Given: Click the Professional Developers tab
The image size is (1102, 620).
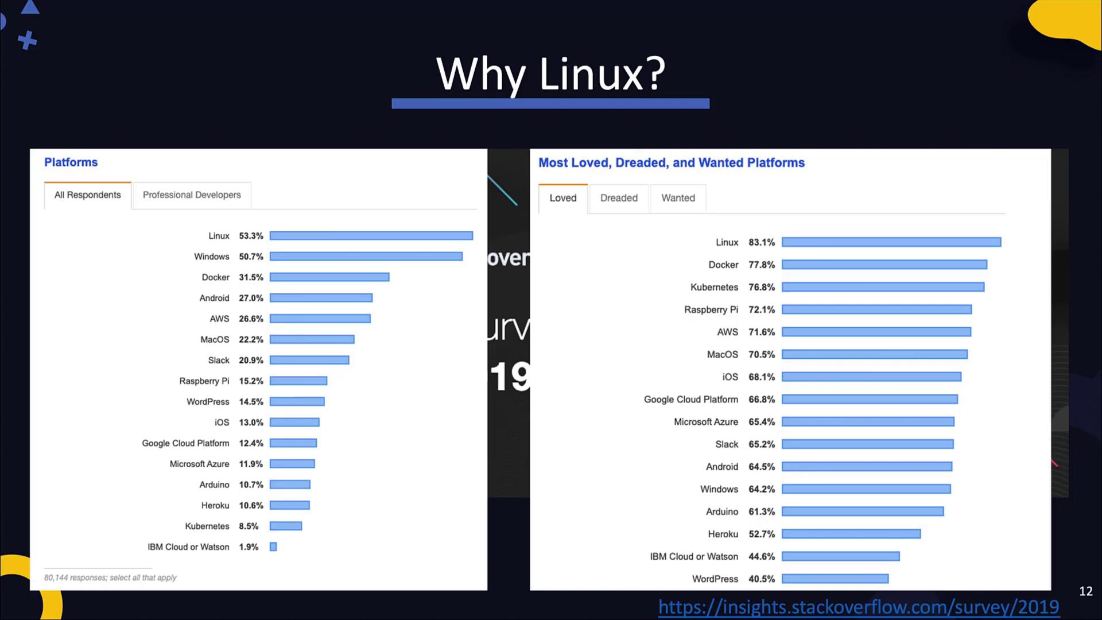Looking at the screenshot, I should (x=192, y=195).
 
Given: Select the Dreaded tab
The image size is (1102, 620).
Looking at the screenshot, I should (x=619, y=198).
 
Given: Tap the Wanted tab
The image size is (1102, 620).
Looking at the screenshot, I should (x=678, y=198).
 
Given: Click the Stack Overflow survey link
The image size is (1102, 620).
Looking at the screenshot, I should (x=859, y=607).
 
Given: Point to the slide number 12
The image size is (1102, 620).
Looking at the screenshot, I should (x=1085, y=591).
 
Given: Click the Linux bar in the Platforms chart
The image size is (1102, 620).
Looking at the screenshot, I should (x=371, y=236).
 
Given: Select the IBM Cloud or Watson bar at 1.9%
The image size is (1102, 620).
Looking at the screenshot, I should (x=273, y=547).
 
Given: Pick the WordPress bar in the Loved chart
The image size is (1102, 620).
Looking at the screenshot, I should (x=835, y=579).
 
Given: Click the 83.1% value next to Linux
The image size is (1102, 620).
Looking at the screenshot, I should (x=761, y=242).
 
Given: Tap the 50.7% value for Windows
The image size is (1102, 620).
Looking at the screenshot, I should (x=251, y=257).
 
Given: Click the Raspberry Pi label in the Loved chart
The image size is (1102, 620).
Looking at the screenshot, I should (x=711, y=310).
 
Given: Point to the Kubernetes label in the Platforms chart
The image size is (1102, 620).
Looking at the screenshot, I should (x=207, y=526).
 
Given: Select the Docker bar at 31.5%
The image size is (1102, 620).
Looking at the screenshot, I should (x=329, y=277).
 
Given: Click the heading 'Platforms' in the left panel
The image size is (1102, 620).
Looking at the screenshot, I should (x=71, y=162).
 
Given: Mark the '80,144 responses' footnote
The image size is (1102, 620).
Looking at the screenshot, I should (x=110, y=578).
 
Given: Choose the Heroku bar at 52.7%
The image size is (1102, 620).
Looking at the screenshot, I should (x=851, y=534).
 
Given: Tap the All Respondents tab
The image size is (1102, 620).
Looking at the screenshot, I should (x=88, y=195).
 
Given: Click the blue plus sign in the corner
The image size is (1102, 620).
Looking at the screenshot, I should (x=27, y=41).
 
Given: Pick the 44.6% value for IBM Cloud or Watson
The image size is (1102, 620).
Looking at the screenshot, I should (x=761, y=557).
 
